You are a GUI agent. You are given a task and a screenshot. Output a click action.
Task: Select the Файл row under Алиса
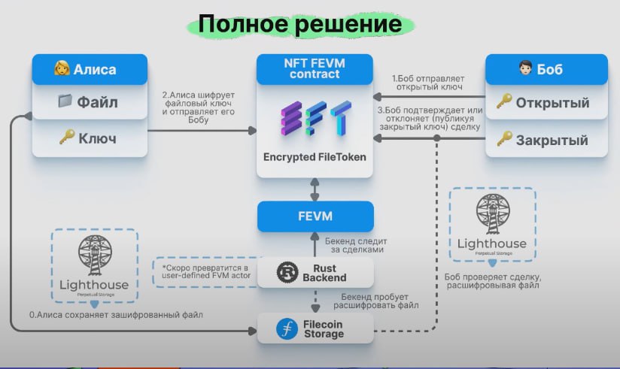[90, 102]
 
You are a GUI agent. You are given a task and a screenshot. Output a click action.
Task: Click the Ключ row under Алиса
[90, 138]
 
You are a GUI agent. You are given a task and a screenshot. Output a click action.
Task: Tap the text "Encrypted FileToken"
[315, 158]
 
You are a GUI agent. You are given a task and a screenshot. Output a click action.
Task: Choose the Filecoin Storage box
[315, 327]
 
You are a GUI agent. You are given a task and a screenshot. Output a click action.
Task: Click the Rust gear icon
[286, 271]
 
